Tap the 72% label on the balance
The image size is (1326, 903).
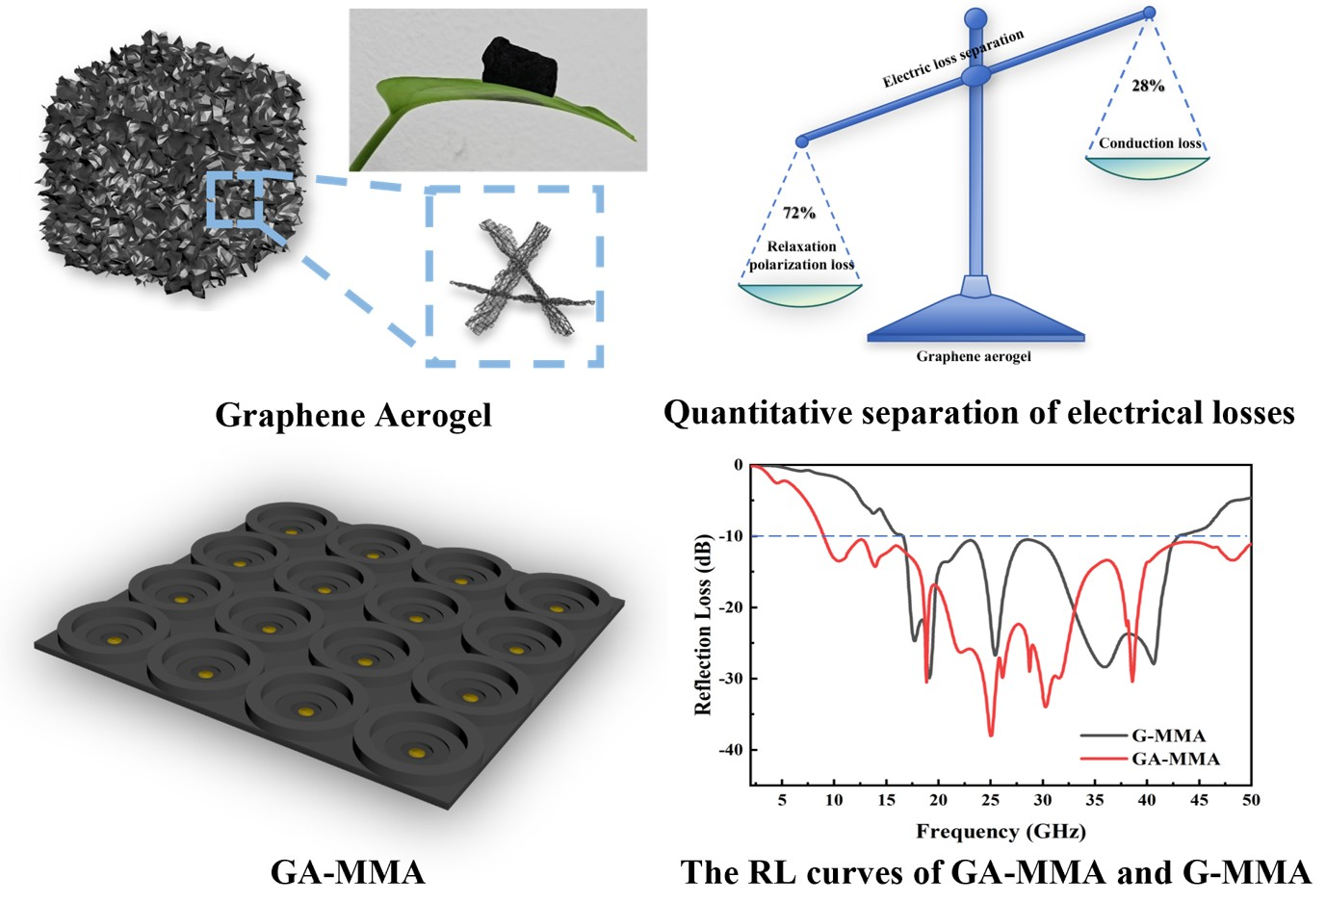pos(798,213)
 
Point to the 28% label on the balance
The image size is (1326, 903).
pos(1148,86)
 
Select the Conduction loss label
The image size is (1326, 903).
pos(1150,143)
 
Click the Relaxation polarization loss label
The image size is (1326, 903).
pos(801,255)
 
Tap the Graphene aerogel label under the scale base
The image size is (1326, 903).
pos(973,356)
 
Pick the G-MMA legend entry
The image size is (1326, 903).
pos(1167,736)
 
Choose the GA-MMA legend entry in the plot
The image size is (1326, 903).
pos(1175,759)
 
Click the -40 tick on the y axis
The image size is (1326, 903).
pos(730,750)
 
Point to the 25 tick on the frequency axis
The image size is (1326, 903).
pos(990,800)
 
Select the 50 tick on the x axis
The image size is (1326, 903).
pos(1250,800)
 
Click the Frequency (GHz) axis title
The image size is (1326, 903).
pos(1001,831)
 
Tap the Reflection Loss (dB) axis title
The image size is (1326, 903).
pos(703,624)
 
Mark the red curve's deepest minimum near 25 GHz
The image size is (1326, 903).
pos(990,735)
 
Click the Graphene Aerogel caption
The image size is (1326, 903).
pos(352,415)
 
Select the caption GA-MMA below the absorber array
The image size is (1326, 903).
pos(347,872)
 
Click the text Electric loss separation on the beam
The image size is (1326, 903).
pos(952,59)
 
